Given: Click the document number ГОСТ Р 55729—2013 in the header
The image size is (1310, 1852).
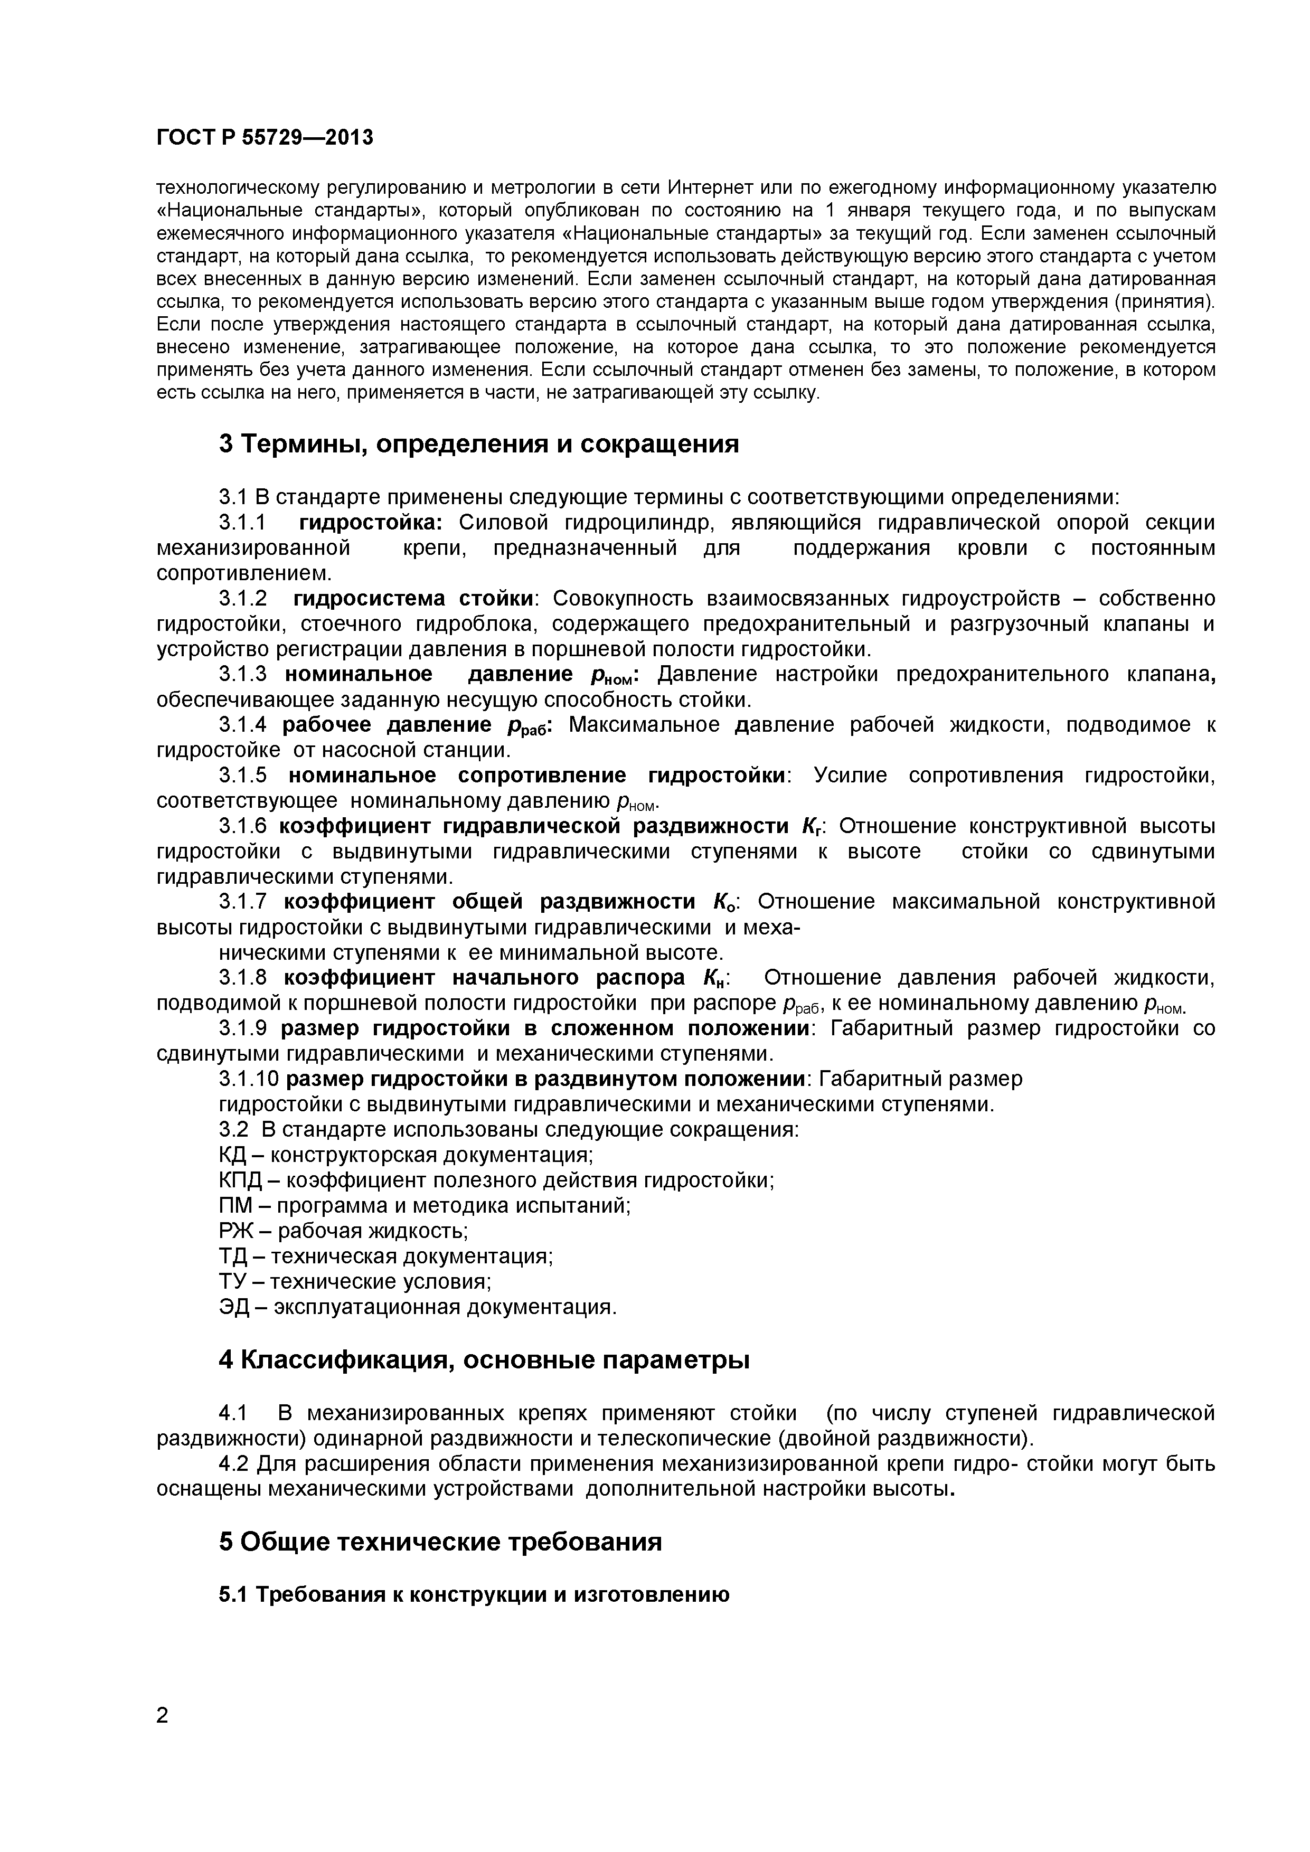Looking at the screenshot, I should pos(265,138).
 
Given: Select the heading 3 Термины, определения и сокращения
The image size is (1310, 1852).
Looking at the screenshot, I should pos(478,443).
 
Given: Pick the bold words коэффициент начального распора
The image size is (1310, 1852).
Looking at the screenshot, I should pos(484,978).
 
